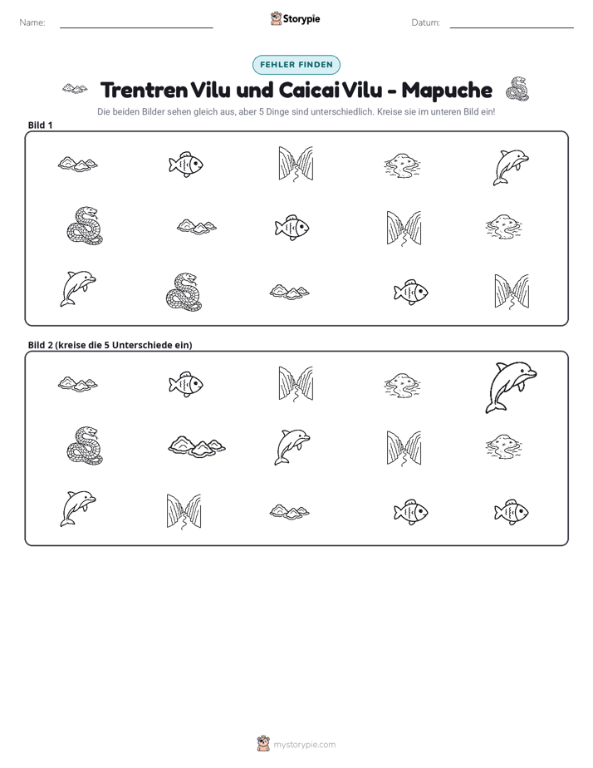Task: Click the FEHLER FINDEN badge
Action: [296, 65]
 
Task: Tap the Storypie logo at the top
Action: [295, 18]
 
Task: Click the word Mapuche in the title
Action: [447, 90]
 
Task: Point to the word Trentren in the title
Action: [144, 90]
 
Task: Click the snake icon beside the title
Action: [517, 89]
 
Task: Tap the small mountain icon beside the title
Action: [75, 89]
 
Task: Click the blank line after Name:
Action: [136, 28]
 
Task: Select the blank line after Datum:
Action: [512, 28]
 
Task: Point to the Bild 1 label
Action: [40, 125]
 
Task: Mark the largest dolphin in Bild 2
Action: [511, 387]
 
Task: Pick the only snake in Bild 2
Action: [86, 446]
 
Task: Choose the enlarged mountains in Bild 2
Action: [197, 446]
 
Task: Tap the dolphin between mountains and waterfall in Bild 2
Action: [292, 446]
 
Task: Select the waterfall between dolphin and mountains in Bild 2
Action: [184, 512]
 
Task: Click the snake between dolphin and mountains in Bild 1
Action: [184, 292]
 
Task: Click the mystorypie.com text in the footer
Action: [304, 745]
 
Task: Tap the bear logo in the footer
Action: [263, 744]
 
